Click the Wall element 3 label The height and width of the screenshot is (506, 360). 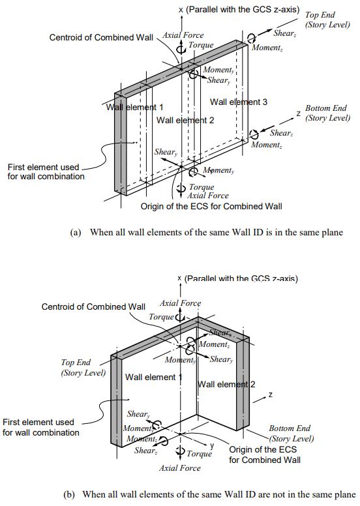point(239,102)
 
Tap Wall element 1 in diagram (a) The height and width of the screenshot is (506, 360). point(135,107)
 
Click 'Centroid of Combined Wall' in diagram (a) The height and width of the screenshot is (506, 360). point(101,37)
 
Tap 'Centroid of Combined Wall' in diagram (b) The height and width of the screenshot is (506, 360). point(93,306)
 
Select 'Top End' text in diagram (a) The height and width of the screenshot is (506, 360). point(321,14)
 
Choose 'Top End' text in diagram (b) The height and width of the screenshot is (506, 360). point(76,363)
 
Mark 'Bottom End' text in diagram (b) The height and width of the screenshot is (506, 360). point(290,428)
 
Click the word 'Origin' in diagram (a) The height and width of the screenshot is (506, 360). point(153,207)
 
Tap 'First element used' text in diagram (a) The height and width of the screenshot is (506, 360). point(42,166)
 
